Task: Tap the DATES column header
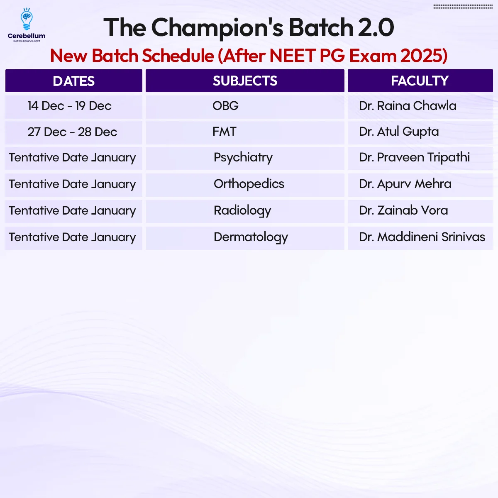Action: point(73,81)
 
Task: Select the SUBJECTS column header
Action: point(245,81)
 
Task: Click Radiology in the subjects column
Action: point(242,211)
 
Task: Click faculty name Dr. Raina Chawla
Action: point(408,106)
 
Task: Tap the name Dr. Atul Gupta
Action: point(399,132)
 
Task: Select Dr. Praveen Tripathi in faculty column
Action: point(414,158)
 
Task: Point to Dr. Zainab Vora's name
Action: point(403,210)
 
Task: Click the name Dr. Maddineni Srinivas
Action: point(422,237)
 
